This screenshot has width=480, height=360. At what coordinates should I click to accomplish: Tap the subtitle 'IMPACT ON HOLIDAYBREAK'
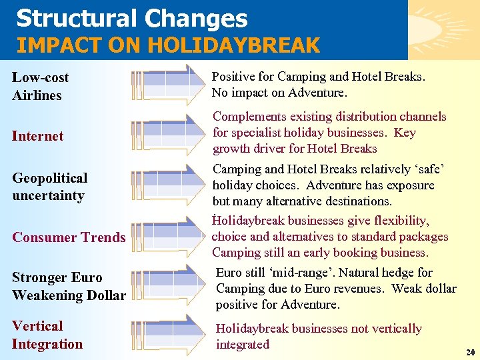pyautogui.click(x=168, y=45)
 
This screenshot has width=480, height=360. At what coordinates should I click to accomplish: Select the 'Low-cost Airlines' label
pyautogui.click(x=40, y=87)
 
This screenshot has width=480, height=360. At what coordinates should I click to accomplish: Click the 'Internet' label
pyautogui.click(x=37, y=136)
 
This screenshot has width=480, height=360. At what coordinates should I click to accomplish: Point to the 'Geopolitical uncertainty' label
pyautogui.click(x=49, y=187)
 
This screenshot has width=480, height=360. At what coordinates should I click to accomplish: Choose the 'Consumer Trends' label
pyautogui.click(x=69, y=237)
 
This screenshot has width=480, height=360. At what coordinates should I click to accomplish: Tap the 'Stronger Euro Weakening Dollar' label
pyautogui.click(x=69, y=286)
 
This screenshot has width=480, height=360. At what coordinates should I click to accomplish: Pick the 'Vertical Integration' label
pyautogui.click(x=47, y=335)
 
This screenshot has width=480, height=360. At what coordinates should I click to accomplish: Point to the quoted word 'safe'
pyautogui.click(x=428, y=169)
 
